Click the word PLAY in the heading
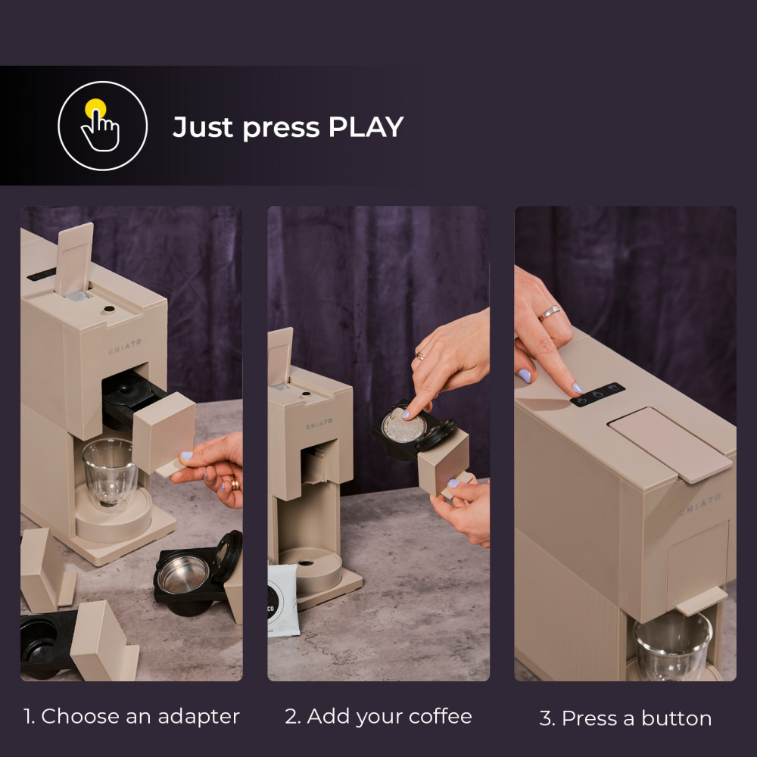(x=366, y=127)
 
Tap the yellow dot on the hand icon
(x=95, y=108)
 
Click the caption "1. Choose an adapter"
(x=131, y=716)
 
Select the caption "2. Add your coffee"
(x=378, y=716)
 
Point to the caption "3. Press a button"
(x=626, y=718)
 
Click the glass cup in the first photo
(x=109, y=472)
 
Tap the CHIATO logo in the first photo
(x=125, y=346)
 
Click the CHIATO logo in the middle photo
(x=319, y=424)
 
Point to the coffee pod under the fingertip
(x=403, y=425)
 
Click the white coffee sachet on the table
(x=283, y=600)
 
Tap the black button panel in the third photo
(x=598, y=394)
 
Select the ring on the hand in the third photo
(x=550, y=313)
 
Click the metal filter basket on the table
(x=183, y=575)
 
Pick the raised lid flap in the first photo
(x=74, y=259)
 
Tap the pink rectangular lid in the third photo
(x=670, y=444)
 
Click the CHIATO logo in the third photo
(x=699, y=503)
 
